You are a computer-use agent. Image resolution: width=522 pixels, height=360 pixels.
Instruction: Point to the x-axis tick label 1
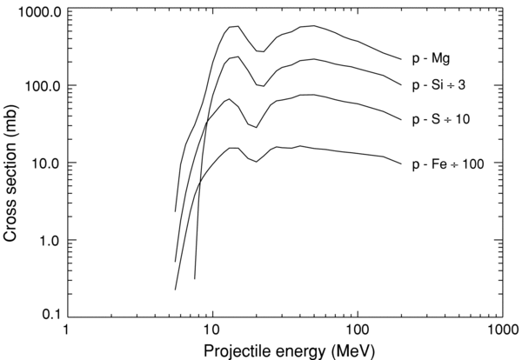(64, 330)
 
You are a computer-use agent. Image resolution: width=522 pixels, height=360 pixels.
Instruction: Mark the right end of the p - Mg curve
(400, 60)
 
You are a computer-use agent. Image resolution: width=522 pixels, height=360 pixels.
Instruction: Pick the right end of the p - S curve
(400, 120)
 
